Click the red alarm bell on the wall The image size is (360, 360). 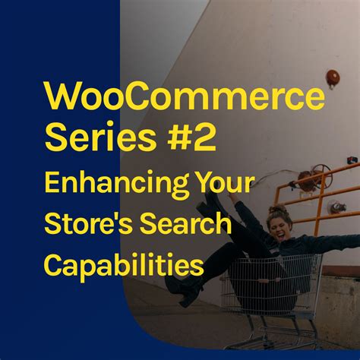click(x=332, y=77)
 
